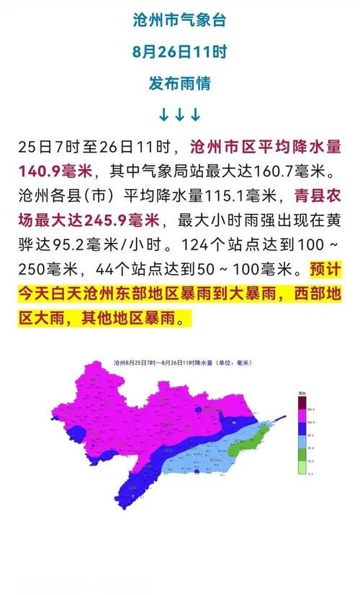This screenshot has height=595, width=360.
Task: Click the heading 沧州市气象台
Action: [x=179, y=20]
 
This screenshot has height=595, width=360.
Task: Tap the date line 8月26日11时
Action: [x=179, y=51]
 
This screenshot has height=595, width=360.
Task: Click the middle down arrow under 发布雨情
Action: [x=179, y=114]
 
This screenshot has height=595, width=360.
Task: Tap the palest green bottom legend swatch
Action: [x=303, y=468]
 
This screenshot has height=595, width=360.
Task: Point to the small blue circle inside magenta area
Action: [x=198, y=409]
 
